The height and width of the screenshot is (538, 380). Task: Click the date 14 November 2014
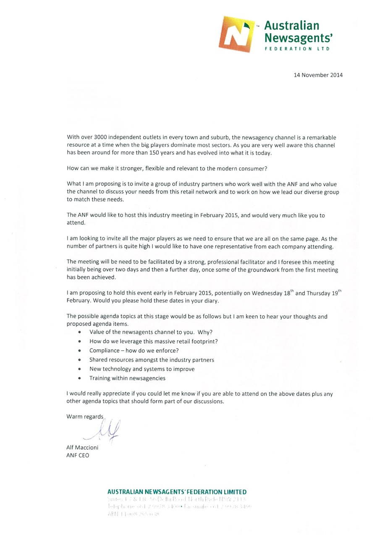click(318, 75)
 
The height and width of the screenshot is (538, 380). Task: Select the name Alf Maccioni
click(82, 447)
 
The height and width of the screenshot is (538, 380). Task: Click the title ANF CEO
click(78, 455)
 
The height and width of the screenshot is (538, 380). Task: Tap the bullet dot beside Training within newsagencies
click(79, 378)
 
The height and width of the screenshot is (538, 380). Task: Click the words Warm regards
click(85, 417)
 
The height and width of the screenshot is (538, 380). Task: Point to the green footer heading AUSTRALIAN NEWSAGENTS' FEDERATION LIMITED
click(177, 492)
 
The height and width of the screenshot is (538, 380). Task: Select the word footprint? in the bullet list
click(203, 341)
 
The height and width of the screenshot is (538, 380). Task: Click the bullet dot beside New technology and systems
click(79, 369)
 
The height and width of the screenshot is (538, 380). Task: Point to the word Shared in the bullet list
click(98, 360)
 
